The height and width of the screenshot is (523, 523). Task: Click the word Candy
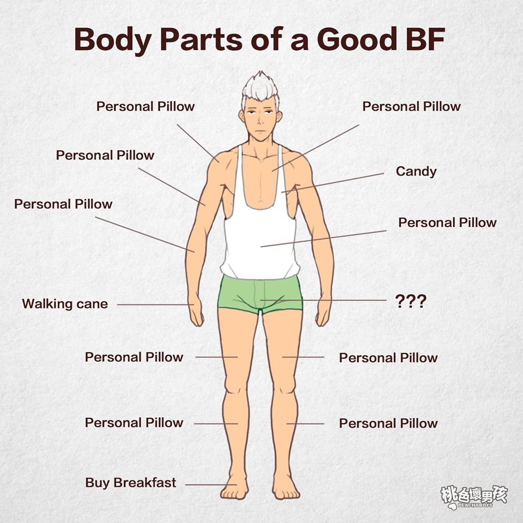tap(416, 172)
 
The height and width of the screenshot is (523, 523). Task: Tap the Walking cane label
tap(65, 304)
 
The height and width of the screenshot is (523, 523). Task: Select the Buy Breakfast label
tap(130, 483)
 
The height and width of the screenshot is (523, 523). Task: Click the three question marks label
tap(411, 301)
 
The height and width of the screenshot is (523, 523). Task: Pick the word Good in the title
tap(356, 39)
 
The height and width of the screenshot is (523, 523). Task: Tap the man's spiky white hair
tap(261, 87)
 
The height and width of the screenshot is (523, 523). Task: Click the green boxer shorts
tap(260, 294)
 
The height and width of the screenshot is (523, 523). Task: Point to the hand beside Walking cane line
tap(196, 309)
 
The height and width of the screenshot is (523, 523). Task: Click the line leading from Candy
tap(332, 183)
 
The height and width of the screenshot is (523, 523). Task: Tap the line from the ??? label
tap(323, 300)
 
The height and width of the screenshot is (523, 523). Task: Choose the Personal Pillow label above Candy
tap(411, 107)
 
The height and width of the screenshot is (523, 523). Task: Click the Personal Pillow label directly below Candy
tap(447, 223)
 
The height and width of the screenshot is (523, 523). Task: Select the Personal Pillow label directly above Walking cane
tap(63, 204)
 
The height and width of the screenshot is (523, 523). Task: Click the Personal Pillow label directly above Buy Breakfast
tap(134, 423)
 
